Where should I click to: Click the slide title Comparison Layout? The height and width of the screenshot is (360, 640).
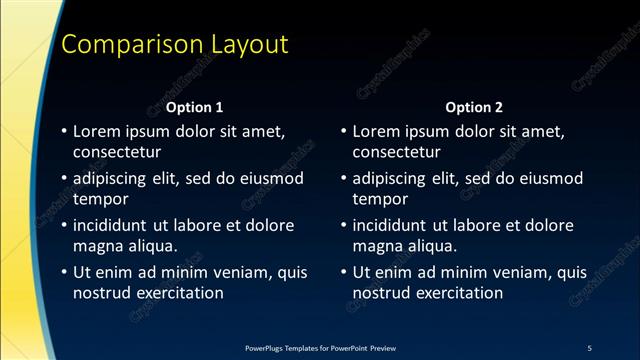(x=175, y=45)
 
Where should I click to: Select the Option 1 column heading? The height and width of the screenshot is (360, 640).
(x=194, y=107)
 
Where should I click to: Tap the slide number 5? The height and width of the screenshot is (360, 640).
(x=589, y=347)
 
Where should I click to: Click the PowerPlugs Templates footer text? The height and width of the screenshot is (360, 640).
(x=320, y=347)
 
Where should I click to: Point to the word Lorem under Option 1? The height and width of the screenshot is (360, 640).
(x=98, y=131)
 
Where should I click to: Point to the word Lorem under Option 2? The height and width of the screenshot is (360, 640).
(x=378, y=131)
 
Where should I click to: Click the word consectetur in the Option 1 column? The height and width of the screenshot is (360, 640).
(x=117, y=152)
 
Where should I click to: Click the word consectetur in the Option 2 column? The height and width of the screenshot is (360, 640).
(x=397, y=152)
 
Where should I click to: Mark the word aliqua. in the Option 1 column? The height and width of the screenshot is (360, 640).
(x=150, y=246)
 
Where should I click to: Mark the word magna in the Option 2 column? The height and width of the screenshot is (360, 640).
(x=377, y=246)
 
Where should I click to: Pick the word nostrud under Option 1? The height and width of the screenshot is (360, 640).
(x=101, y=293)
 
